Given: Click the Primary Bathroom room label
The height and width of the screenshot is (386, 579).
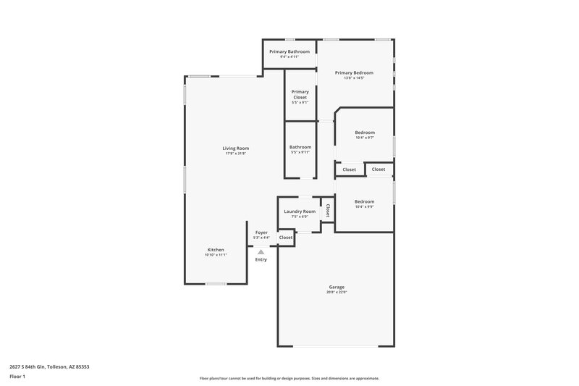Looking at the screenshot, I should [289, 51].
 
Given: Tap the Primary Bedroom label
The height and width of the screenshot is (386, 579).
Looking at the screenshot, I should [354, 72].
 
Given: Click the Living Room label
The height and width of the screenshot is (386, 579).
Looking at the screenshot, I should [236, 148].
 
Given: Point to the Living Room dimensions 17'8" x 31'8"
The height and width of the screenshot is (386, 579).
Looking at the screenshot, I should [236, 154].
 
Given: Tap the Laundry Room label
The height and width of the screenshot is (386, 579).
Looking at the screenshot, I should [300, 211].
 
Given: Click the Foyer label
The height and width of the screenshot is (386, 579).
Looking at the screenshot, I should [261, 232].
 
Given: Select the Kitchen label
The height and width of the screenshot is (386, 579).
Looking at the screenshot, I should [216, 249].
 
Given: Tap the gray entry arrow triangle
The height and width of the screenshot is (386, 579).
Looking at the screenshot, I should [261, 251].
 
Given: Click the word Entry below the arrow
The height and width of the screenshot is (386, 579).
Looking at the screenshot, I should [261, 259].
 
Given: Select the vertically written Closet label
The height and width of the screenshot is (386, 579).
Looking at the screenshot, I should [328, 211].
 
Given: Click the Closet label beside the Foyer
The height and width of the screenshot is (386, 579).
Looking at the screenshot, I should [286, 238].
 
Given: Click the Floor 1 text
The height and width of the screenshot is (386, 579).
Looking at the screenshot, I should [17, 377].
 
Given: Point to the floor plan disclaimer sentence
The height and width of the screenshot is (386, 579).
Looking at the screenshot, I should [289, 378].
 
